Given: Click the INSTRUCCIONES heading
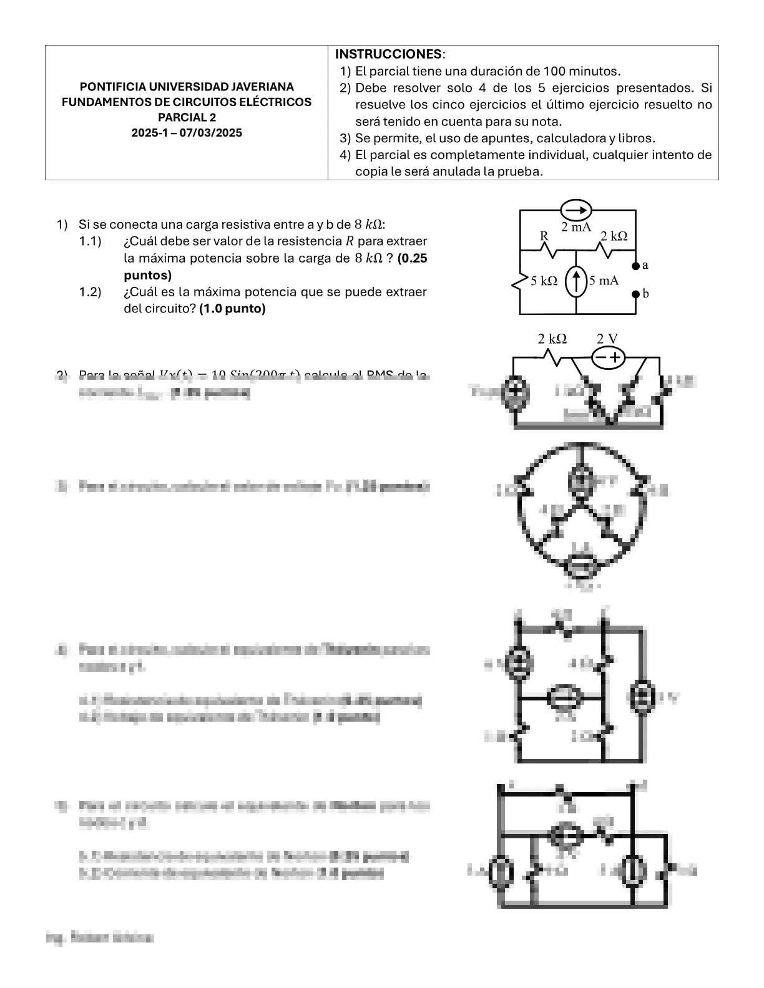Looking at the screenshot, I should pyautogui.click(x=388, y=54).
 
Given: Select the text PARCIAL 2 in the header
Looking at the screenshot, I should pyautogui.click(x=187, y=117).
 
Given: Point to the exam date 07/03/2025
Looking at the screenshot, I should pyautogui.click(x=210, y=133).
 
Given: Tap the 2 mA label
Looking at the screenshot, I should pyautogui.click(x=575, y=227).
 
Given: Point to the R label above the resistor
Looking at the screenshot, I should pyautogui.click(x=544, y=236).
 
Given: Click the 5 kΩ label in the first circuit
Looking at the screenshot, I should pyautogui.click(x=544, y=281).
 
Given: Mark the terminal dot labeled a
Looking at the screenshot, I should pyautogui.click(x=636, y=266).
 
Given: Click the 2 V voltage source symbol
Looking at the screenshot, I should pyautogui.click(x=609, y=357).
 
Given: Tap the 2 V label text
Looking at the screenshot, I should pyautogui.click(x=607, y=339).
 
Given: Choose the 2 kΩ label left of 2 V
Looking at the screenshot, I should pyautogui.click(x=552, y=339).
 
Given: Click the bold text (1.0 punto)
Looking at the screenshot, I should pyautogui.click(x=232, y=309).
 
